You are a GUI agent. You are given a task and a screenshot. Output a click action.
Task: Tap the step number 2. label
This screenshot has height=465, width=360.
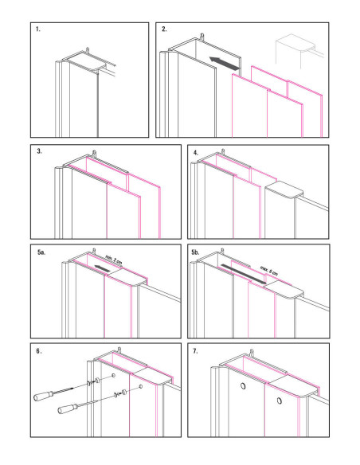[x=164, y=29]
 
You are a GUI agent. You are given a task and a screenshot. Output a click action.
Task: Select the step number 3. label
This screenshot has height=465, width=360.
[x=38, y=151]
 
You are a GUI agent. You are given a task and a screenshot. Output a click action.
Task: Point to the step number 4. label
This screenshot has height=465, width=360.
[x=196, y=151]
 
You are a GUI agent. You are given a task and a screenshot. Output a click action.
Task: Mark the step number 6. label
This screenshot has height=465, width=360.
[x=38, y=351]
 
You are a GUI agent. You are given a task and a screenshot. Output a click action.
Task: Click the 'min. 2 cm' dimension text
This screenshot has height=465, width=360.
[x=114, y=260]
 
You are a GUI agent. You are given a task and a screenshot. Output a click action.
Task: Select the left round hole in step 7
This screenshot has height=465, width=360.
[x=240, y=389]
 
